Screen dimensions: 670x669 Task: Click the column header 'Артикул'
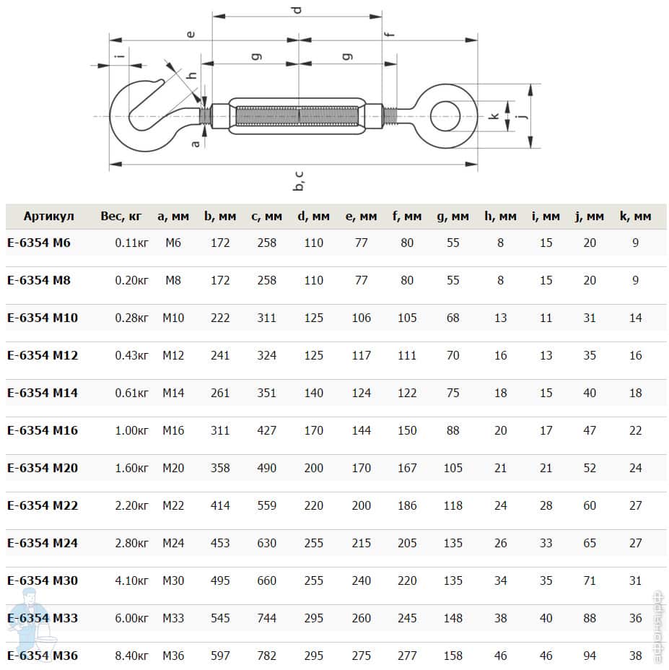pyautogui.click(x=48, y=217)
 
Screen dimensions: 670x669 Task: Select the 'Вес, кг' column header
pyautogui.click(x=121, y=217)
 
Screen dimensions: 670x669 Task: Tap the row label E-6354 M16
pyautogui.click(x=43, y=430)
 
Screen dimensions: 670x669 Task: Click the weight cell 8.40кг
pyautogui.click(x=131, y=656)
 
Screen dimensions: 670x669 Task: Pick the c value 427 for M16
pyautogui.click(x=266, y=430)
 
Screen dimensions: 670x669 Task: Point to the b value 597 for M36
pyautogui.click(x=220, y=656)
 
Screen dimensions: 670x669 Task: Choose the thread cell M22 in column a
pyautogui.click(x=173, y=505)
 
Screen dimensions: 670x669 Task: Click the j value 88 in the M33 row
pyautogui.click(x=590, y=618)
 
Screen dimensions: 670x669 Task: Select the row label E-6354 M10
pyautogui.click(x=43, y=318)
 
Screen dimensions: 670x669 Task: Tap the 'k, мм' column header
pyautogui.click(x=635, y=217)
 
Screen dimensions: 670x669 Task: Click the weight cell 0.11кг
pyautogui.click(x=131, y=243)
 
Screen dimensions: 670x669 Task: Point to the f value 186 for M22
pyautogui.click(x=407, y=505)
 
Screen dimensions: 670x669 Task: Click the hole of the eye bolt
pyautogui.click(x=446, y=116)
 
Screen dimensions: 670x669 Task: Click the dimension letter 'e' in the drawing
pyautogui.click(x=189, y=33)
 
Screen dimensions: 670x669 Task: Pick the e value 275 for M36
pyautogui.click(x=361, y=656)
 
